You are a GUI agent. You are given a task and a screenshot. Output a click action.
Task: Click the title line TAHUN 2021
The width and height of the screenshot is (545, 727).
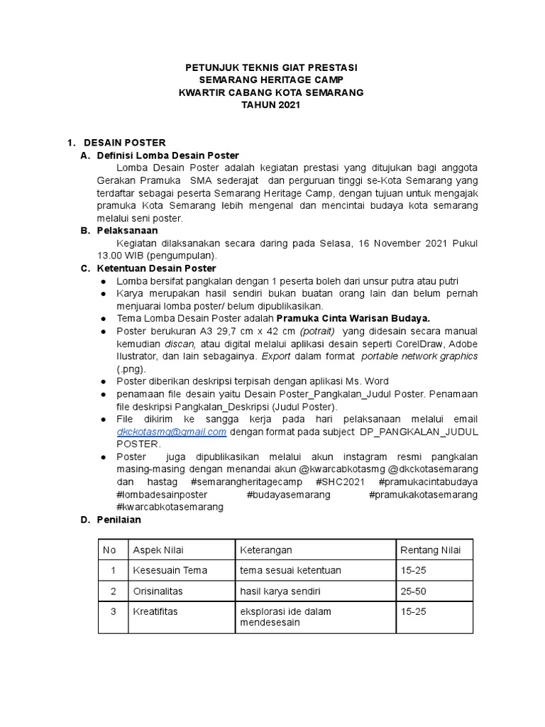click(x=272, y=105)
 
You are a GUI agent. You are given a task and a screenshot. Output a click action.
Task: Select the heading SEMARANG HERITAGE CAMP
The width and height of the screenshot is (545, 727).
click(x=272, y=80)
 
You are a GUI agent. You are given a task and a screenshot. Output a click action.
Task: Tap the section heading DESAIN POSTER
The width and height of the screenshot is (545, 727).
click(x=124, y=143)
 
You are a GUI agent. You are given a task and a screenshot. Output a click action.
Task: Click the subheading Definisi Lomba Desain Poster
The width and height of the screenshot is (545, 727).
click(x=167, y=155)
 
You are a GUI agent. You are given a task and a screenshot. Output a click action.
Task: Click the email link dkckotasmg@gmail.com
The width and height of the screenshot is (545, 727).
click(x=172, y=432)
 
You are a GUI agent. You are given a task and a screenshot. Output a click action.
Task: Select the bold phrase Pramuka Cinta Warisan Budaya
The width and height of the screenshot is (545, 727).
click(x=353, y=318)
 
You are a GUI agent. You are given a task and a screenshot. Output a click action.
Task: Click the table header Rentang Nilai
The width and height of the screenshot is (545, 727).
click(x=430, y=550)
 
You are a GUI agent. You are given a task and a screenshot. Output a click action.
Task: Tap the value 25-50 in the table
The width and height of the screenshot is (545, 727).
click(x=413, y=591)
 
